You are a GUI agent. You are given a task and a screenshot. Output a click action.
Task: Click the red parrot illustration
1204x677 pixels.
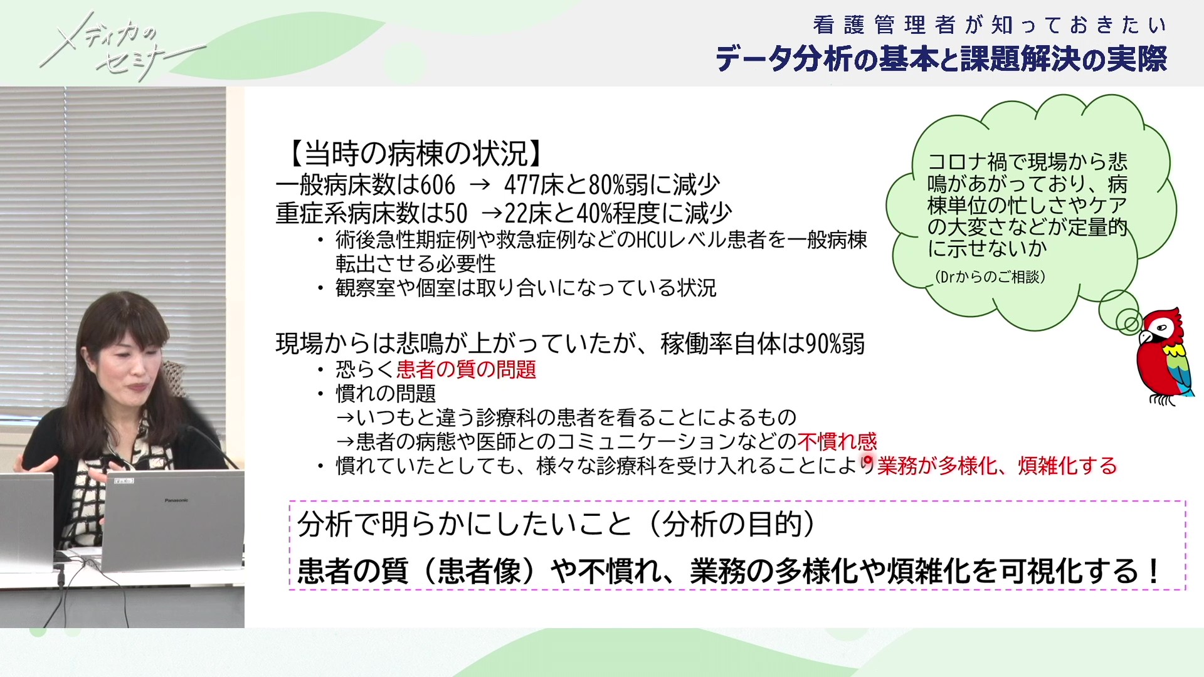[x=1164, y=356]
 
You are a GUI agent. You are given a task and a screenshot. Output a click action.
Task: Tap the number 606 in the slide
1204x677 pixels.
[x=438, y=185]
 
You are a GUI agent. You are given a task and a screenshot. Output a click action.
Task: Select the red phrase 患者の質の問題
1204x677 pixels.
[x=466, y=369]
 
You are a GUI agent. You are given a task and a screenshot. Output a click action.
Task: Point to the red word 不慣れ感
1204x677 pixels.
[x=837, y=442]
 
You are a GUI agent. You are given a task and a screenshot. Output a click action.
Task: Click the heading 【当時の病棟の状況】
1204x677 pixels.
[x=413, y=154]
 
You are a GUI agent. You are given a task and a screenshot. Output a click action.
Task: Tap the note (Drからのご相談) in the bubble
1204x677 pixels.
[x=990, y=277]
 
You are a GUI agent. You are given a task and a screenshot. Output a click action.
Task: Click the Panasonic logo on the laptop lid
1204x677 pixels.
[x=176, y=500]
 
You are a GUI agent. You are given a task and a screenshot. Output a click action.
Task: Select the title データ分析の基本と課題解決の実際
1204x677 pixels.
[x=941, y=59]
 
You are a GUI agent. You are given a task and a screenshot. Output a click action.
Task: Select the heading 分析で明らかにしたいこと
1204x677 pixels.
[x=465, y=524]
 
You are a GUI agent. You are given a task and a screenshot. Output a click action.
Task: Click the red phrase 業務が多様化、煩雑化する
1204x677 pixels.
[x=997, y=466]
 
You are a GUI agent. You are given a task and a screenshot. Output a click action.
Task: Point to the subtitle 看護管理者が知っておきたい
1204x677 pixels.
[x=990, y=25]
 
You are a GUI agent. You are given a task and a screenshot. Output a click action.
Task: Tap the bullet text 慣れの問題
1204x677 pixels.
[x=386, y=394]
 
